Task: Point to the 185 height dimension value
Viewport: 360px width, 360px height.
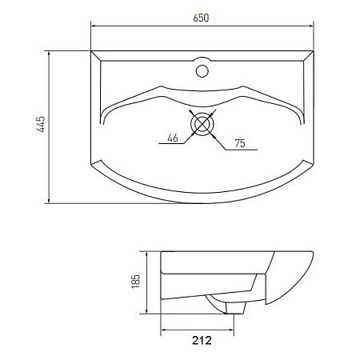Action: (x=137, y=282)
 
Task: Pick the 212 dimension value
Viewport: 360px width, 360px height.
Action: (x=202, y=341)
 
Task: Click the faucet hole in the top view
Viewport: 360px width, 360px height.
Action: (x=202, y=70)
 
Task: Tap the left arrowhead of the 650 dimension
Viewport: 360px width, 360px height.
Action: (x=94, y=26)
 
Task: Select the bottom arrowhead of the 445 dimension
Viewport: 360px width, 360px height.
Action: (x=50, y=199)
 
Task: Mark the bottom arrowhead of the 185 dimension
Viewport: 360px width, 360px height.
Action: (x=147, y=314)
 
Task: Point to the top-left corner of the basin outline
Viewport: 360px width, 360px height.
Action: (x=92, y=52)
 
